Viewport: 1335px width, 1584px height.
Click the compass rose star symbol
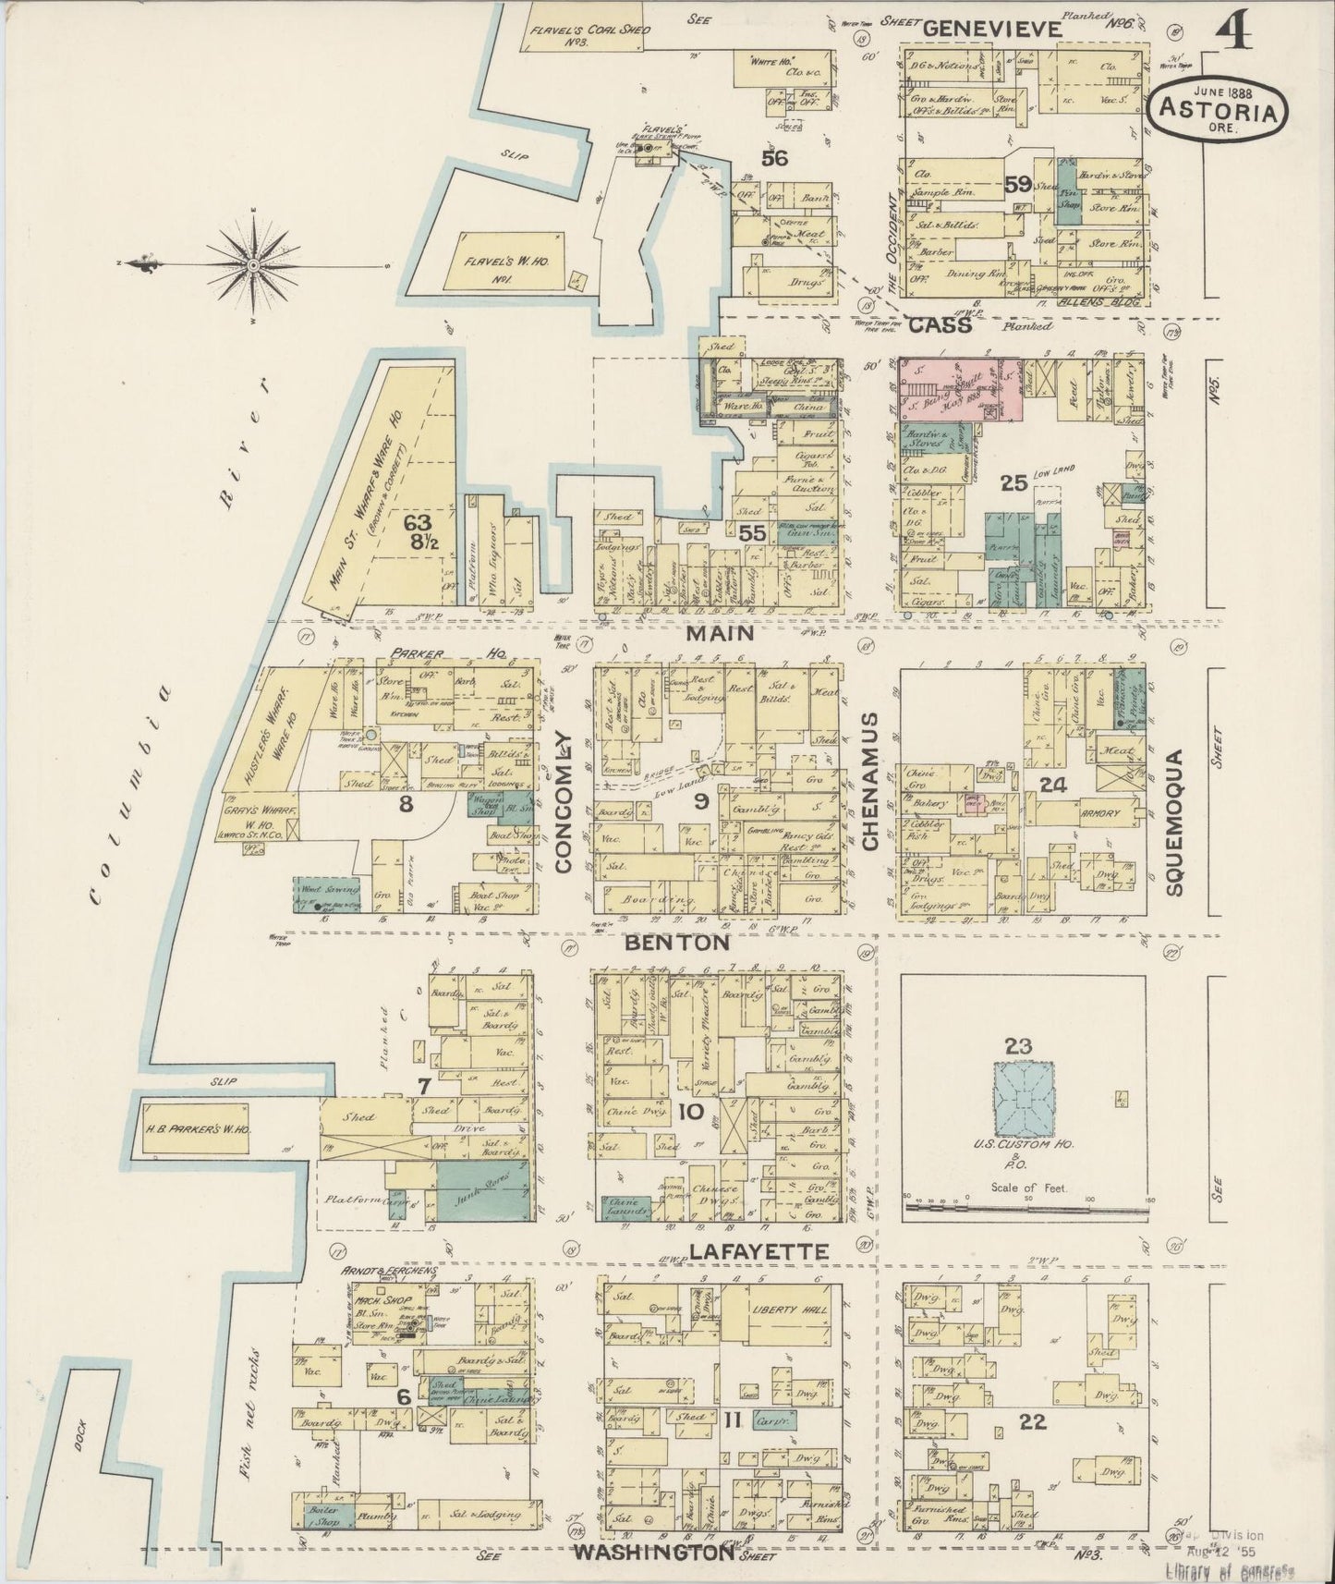click(x=253, y=266)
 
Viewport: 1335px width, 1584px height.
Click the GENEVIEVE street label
click(x=992, y=29)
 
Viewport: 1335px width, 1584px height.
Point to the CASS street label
click(x=941, y=326)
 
